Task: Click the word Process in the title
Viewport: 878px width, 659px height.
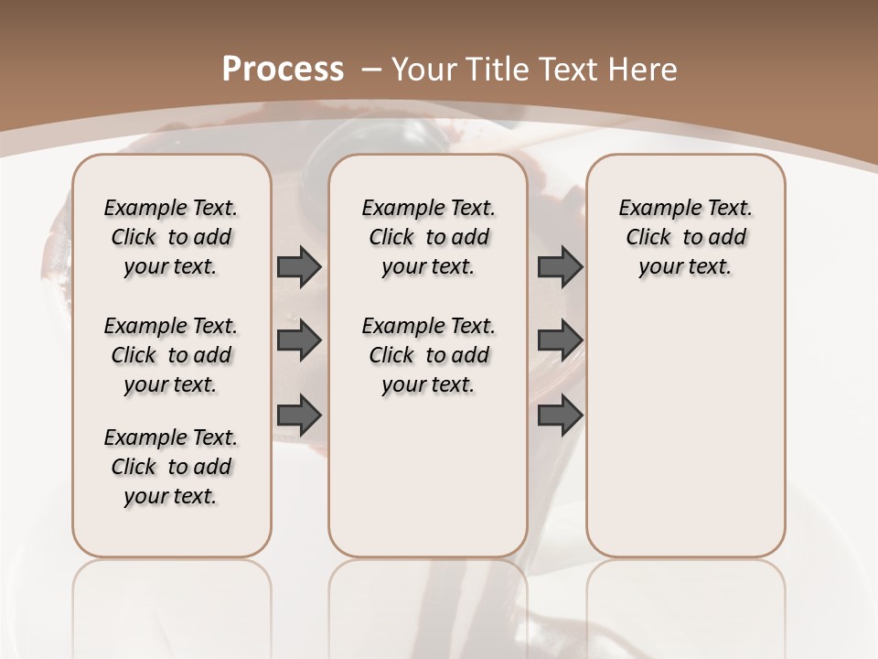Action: (283, 69)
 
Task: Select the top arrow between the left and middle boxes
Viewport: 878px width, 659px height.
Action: (299, 266)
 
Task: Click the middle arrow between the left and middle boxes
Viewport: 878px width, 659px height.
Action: (299, 340)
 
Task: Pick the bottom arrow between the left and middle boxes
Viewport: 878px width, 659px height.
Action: (299, 415)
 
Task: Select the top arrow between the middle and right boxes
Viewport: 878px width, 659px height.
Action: (560, 266)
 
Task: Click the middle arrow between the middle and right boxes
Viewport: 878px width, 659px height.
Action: (560, 340)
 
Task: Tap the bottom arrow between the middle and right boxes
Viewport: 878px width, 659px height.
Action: (560, 415)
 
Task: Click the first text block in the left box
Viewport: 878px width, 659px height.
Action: (171, 237)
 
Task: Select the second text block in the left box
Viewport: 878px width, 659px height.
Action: (171, 355)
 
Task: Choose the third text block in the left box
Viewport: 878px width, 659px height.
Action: (171, 467)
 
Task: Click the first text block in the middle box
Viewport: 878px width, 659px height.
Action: (428, 237)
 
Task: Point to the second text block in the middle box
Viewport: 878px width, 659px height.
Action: (428, 355)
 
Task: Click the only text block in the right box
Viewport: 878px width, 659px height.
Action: (685, 237)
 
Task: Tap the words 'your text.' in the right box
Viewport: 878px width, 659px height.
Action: (685, 267)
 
